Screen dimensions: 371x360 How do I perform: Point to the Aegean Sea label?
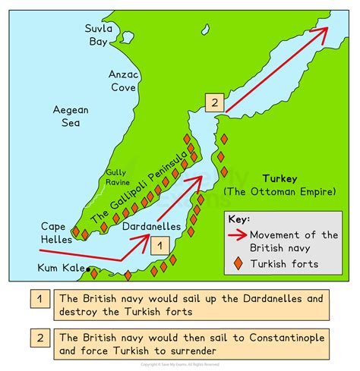71,117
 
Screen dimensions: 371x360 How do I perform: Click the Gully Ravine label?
117,177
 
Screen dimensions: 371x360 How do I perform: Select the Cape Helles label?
57,234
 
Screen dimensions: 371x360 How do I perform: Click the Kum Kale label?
62,268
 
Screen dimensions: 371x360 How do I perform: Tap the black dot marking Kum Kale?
89,269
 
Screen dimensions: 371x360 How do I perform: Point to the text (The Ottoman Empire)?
279,192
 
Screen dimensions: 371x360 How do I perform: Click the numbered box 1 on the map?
158,244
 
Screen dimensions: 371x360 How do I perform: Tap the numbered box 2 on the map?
215,103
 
